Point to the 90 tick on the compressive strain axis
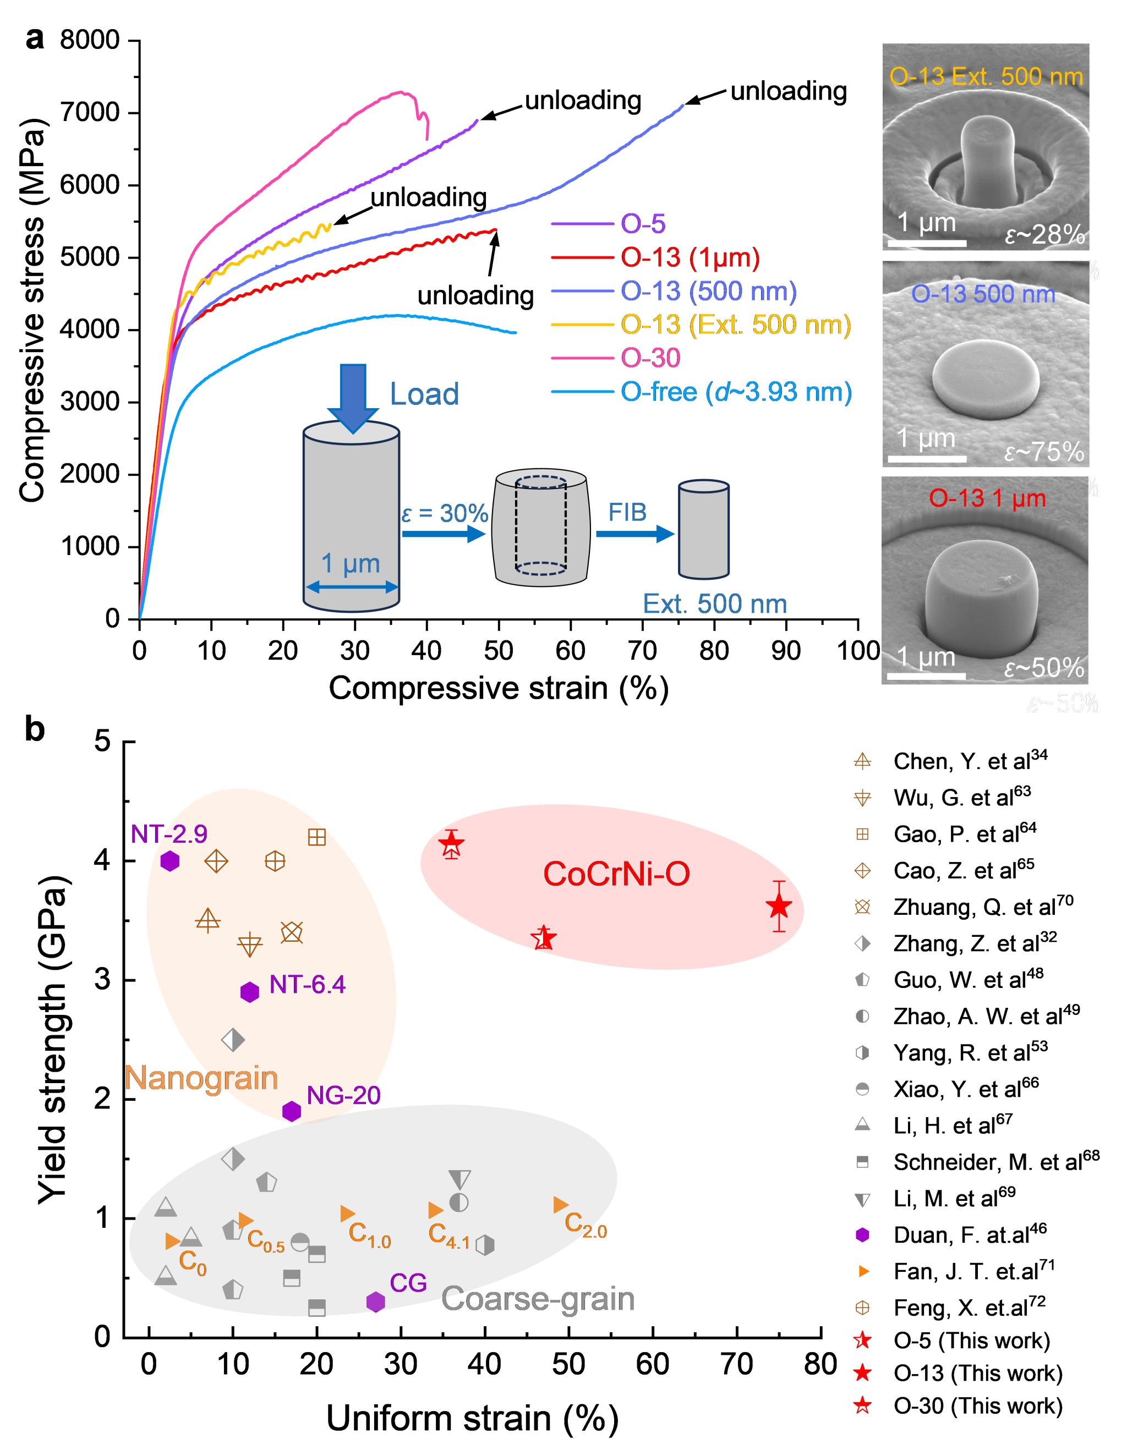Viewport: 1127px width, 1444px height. tap(786, 651)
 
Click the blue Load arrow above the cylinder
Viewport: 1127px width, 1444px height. tap(352, 397)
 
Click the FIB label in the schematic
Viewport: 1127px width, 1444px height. tap(627, 512)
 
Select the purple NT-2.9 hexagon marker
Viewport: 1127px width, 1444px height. tap(170, 861)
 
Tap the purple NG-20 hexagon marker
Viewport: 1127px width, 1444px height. tap(292, 1111)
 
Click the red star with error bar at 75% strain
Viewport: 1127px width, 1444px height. tap(780, 907)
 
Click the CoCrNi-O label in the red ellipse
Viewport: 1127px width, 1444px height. tap(616, 874)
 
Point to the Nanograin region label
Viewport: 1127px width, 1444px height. tap(201, 1078)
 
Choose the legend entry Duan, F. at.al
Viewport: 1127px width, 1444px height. tap(970, 1234)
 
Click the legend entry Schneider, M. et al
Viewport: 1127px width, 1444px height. tap(996, 1162)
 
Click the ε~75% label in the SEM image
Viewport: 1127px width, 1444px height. tap(1044, 452)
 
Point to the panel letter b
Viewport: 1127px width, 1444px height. tap(34, 730)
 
